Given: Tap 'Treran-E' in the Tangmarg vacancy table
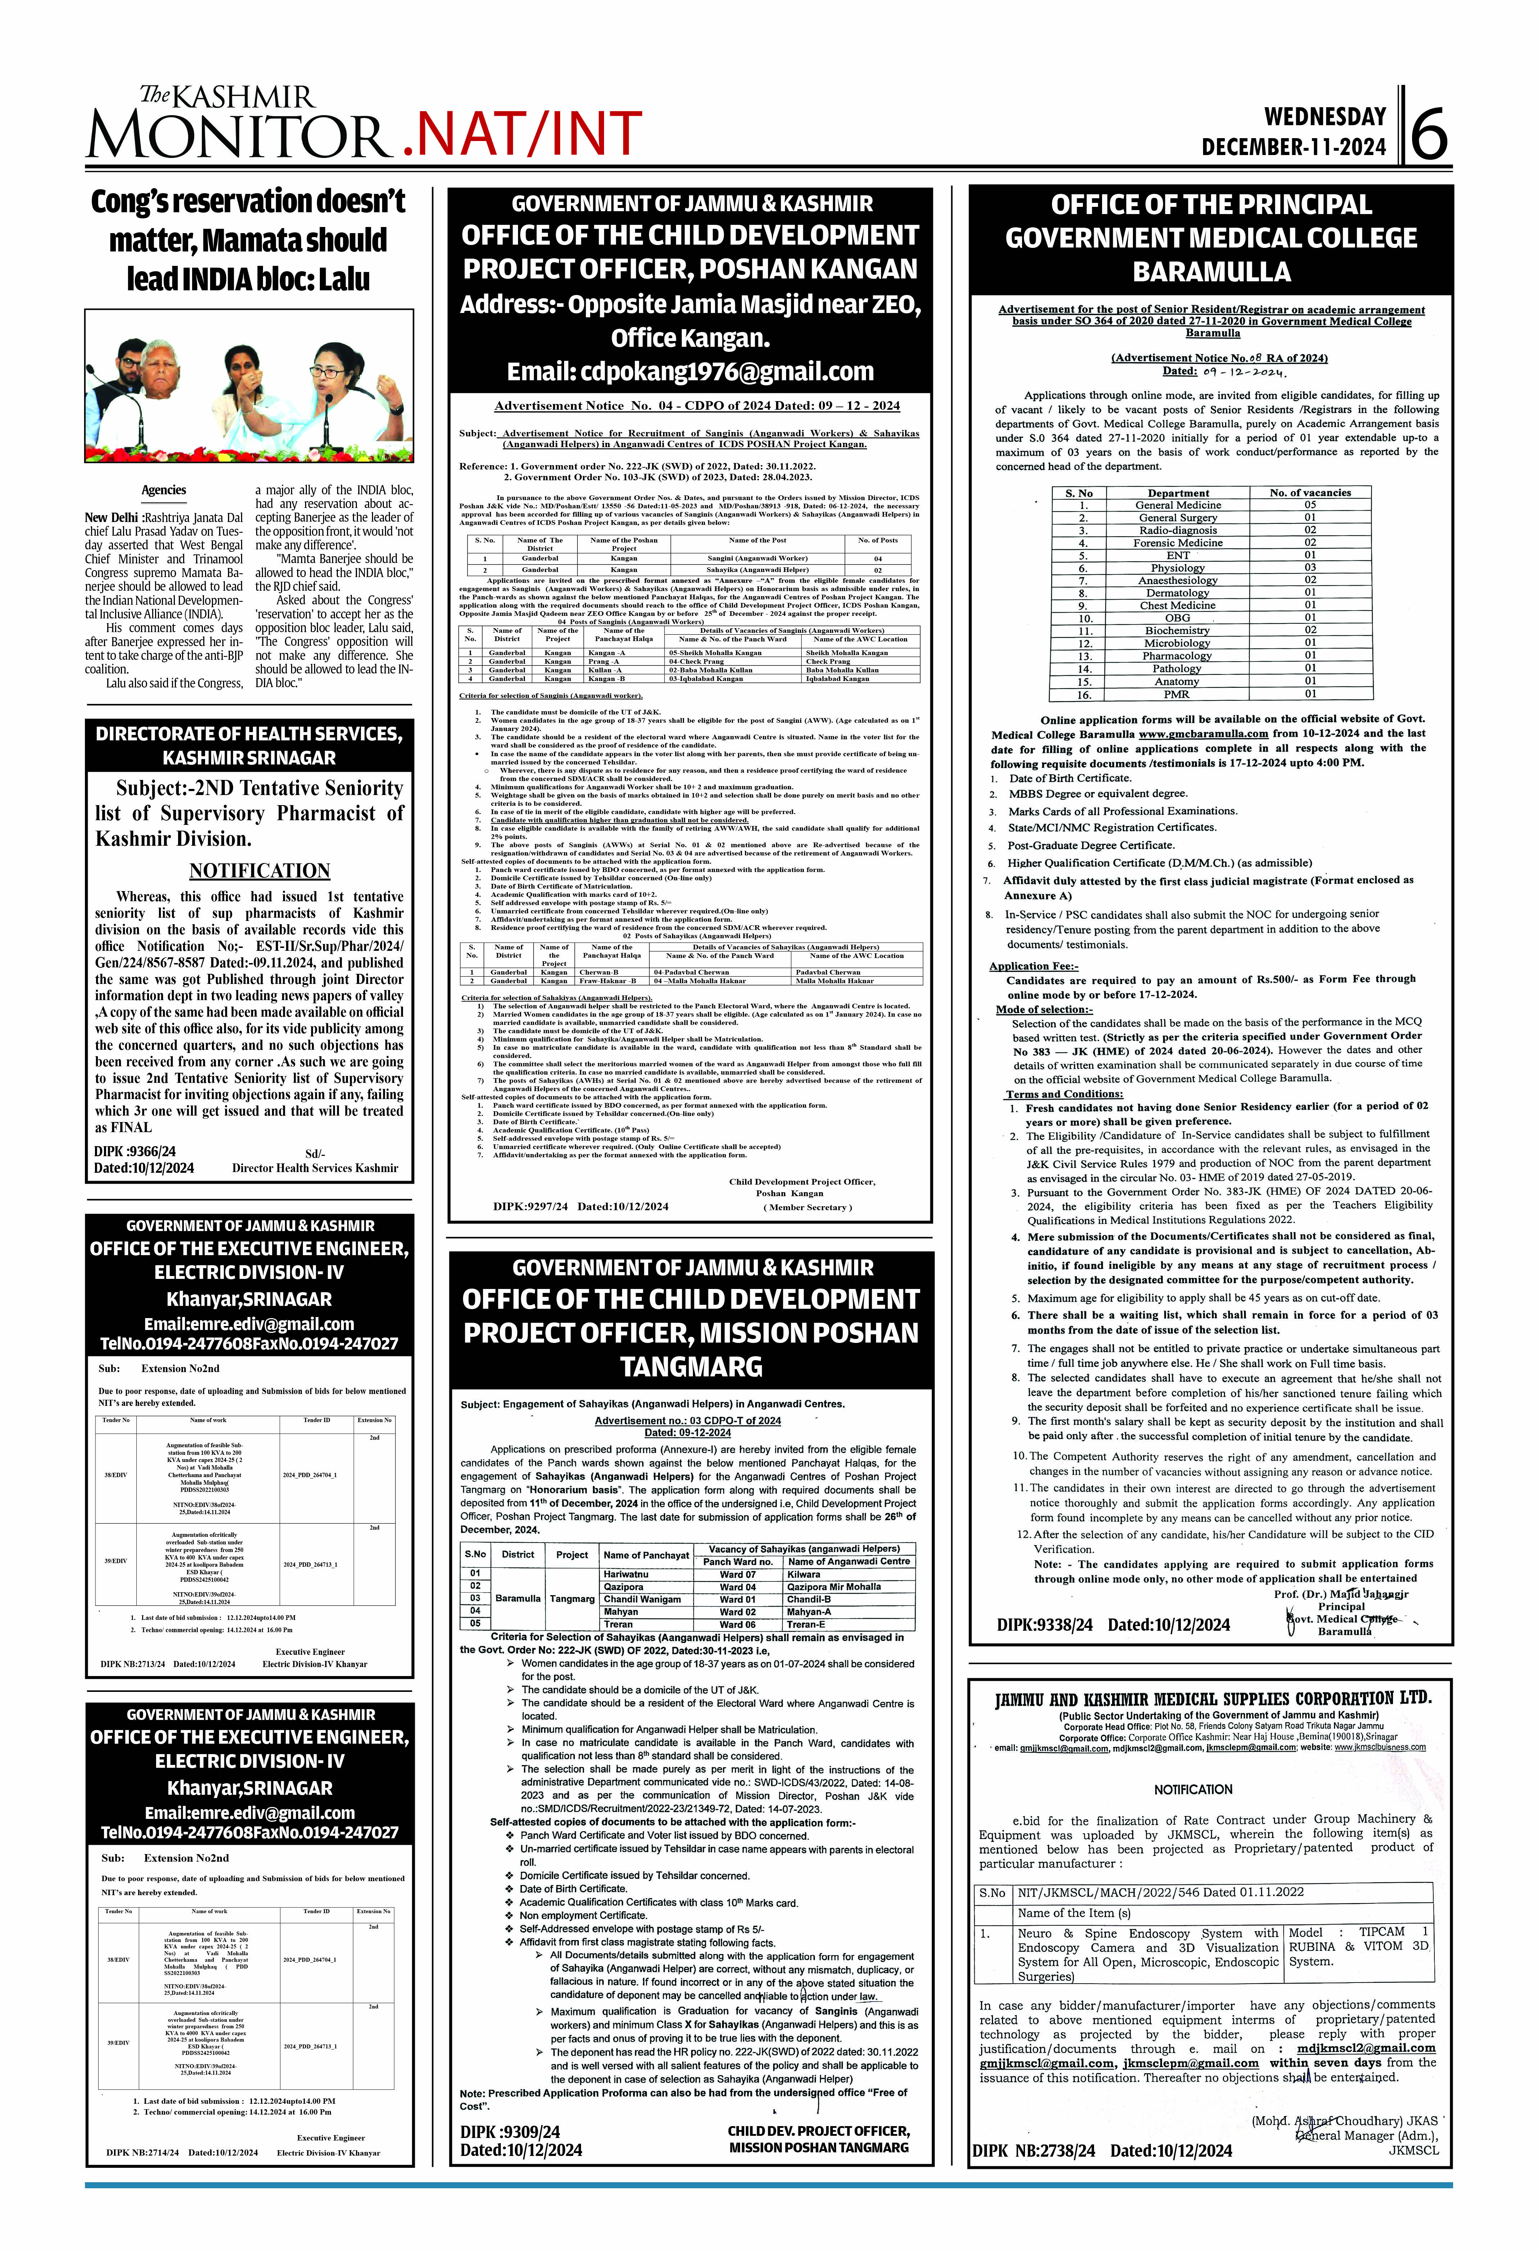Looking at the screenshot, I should point(806,1624).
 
